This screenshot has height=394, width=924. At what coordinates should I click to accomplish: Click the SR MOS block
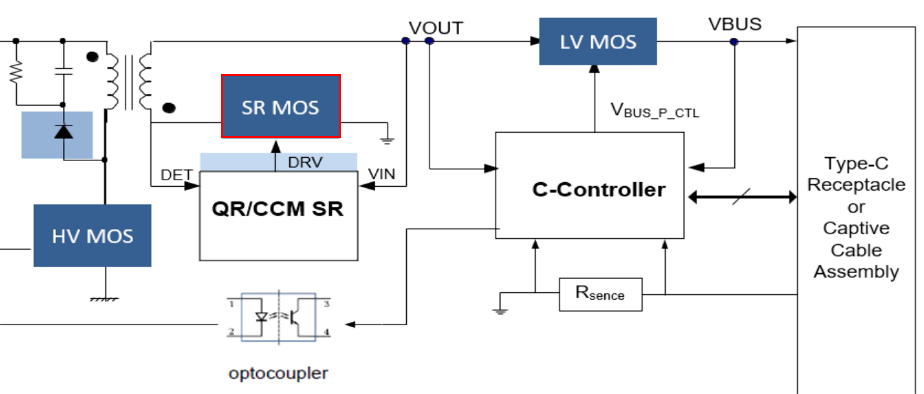click(x=281, y=107)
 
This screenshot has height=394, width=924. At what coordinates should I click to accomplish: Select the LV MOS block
click(x=598, y=42)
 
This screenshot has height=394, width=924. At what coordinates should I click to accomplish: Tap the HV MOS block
click(x=93, y=236)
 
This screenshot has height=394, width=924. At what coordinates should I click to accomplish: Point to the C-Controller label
click(x=599, y=189)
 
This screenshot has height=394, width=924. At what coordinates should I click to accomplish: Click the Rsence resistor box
click(x=601, y=294)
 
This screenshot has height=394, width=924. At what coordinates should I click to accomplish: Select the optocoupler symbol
click(x=279, y=317)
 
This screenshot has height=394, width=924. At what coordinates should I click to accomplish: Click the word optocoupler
click(x=279, y=373)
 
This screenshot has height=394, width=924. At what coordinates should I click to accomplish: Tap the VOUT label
click(x=436, y=28)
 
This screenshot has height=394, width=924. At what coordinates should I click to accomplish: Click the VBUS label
click(x=735, y=24)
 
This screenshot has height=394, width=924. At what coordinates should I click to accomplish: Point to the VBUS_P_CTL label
click(x=655, y=111)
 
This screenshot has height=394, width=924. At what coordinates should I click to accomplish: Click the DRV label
click(x=305, y=163)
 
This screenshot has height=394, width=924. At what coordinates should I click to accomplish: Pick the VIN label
click(x=382, y=174)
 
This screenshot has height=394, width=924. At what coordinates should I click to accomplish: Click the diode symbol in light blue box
click(x=63, y=132)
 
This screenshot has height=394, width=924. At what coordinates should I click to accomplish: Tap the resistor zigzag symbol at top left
click(x=16, y=72)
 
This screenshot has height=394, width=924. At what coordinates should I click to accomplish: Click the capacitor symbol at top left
click(x=63, y=71)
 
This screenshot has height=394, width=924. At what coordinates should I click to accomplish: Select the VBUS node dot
click(x=734, y=42)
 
